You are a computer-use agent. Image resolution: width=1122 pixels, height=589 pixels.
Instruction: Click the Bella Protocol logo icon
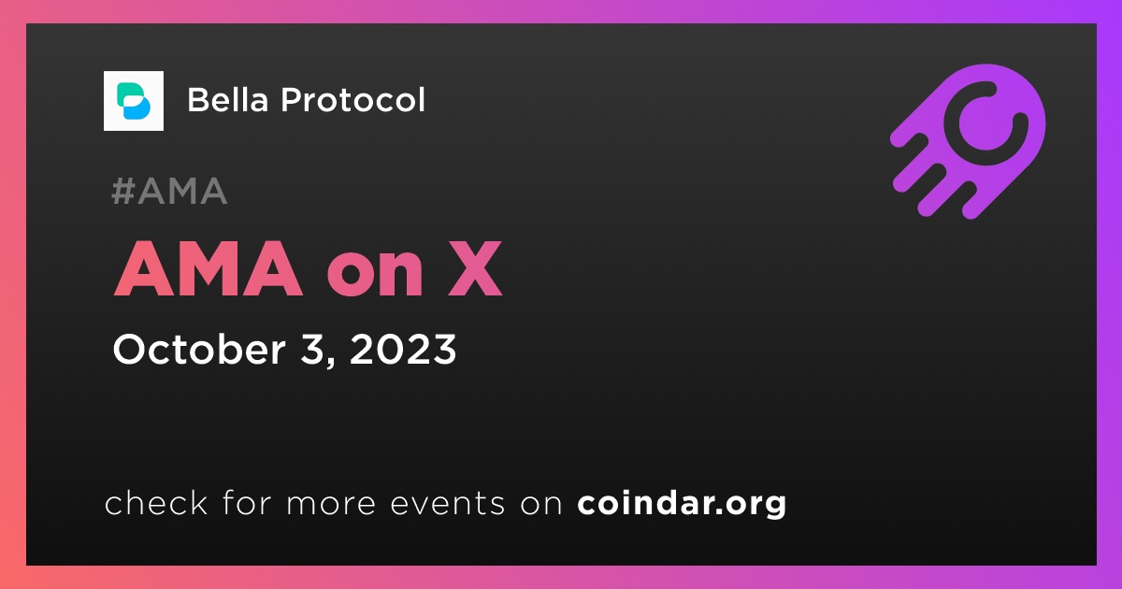[133, 101]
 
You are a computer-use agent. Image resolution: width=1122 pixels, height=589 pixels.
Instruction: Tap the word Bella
[228, 99]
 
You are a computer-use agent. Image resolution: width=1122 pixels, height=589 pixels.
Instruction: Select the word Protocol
[352, 99]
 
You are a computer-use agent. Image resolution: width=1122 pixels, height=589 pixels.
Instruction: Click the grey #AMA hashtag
[169, 191]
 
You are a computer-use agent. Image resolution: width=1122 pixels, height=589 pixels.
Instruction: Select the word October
[199, 349]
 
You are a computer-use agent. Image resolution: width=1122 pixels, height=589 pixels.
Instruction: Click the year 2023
[403, 349]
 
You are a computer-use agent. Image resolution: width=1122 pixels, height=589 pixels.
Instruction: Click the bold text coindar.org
[682, 503]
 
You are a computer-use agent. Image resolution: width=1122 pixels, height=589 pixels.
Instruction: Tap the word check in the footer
[156, 503]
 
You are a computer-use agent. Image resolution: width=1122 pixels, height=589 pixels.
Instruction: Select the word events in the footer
[447, 504]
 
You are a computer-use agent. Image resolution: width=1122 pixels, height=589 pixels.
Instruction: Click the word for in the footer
[247, 503]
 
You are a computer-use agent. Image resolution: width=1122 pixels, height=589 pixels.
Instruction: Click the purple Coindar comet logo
[968, 141]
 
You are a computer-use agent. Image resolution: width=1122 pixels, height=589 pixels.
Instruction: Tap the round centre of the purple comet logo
[985, 123]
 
